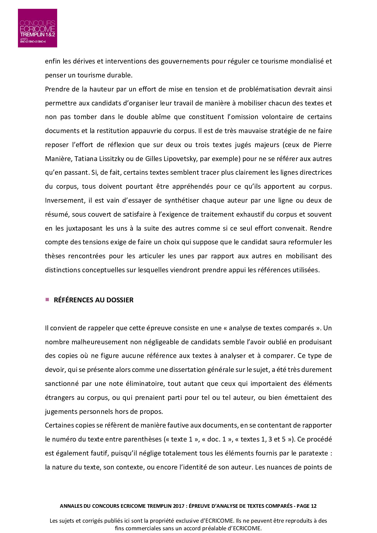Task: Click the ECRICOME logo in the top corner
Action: click(x=37, y=28)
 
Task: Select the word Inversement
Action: click(x=64, y=200)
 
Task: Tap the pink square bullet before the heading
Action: click(x=47, y=300)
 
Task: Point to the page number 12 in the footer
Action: click(x=313, y=506)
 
